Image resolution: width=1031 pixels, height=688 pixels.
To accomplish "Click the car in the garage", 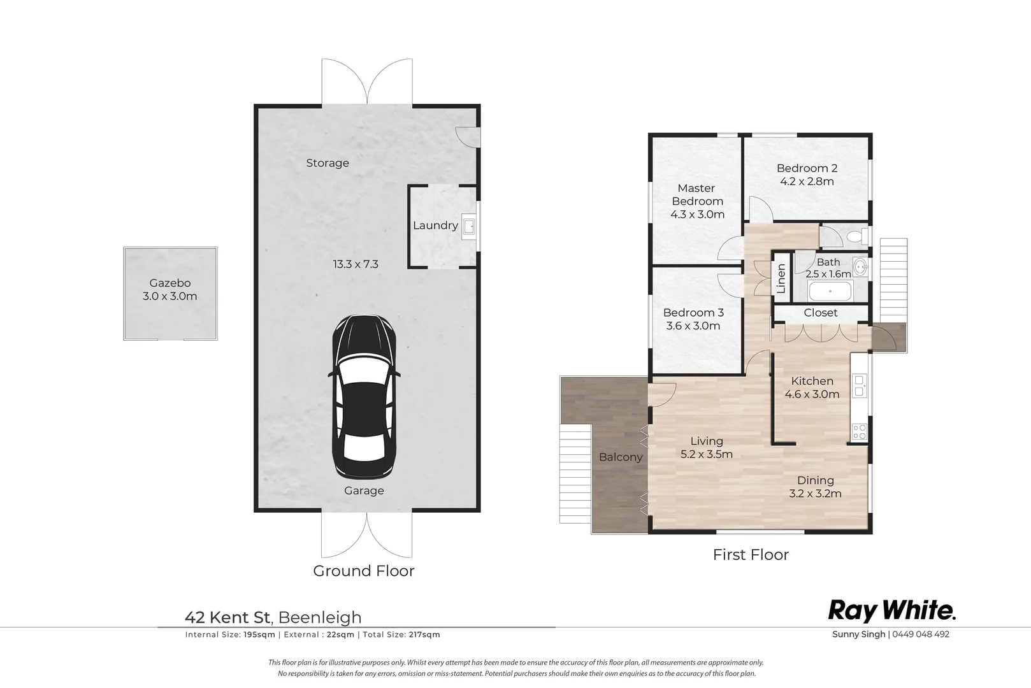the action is coord(364,397).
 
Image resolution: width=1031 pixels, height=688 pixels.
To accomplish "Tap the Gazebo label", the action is coord(170,283).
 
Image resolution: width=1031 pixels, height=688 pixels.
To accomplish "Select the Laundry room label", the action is coord(435,226).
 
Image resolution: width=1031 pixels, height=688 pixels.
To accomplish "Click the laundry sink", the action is coord(469,226).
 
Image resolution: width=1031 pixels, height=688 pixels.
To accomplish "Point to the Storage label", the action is coord(328,163).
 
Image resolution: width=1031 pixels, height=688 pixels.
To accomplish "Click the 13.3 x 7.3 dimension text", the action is coord(356,264).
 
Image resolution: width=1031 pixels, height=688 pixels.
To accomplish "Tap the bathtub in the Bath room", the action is coord(830,291).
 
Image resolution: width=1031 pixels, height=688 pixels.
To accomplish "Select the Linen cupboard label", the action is coord(781,278).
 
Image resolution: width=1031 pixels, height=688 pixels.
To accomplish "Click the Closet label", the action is coord(821,313).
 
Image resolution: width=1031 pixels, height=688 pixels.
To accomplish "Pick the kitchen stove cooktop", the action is coord(860,432).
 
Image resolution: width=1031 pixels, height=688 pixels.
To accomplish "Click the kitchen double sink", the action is coord(860,385).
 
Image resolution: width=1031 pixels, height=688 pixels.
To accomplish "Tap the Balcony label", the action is coord(621,457).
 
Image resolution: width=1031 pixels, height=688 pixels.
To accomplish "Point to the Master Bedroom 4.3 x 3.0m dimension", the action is coord(697,215).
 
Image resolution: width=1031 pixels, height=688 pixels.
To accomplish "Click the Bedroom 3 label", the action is coord(694,313).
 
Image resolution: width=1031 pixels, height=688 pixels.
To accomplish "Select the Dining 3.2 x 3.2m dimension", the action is coord(815,494).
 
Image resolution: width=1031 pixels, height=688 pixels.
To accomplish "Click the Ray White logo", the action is coord(892,611).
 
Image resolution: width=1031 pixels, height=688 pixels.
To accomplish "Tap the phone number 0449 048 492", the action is coord(921,634).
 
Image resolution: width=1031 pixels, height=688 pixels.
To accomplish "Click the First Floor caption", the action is coord(751,555).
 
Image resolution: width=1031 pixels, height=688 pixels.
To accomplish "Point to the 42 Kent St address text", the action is coord(227,617).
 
